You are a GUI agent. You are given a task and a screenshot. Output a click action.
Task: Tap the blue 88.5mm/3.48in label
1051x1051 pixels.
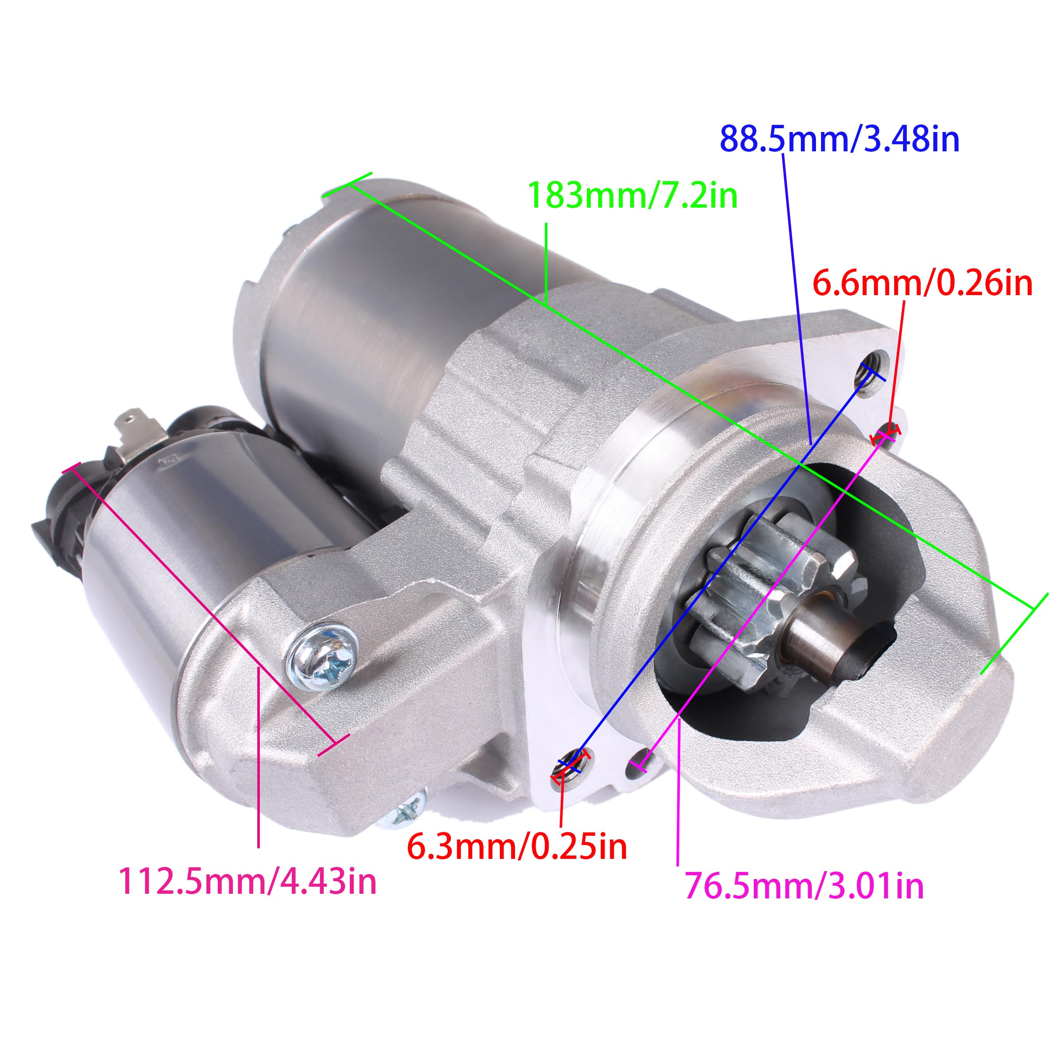(840, 139)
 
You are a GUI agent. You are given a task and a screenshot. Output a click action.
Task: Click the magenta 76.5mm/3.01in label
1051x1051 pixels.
(805, 901)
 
